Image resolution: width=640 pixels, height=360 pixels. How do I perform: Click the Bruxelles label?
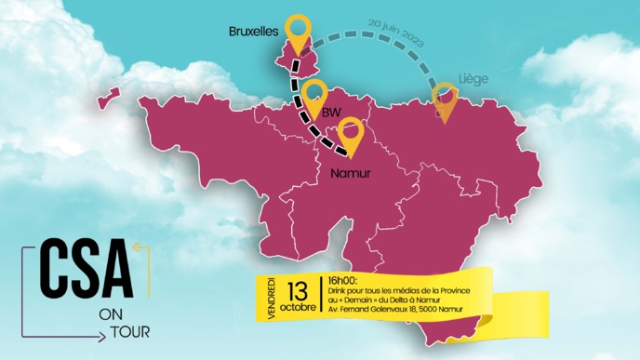tap(253, 32)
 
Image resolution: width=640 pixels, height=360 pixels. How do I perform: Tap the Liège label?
tap(473, 80)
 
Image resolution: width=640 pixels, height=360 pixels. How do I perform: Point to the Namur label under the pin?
tap(351, 173)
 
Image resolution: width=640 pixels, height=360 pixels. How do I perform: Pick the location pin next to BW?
tap(313, 96)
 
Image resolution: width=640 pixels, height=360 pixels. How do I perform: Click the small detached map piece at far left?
tap(112, 96)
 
